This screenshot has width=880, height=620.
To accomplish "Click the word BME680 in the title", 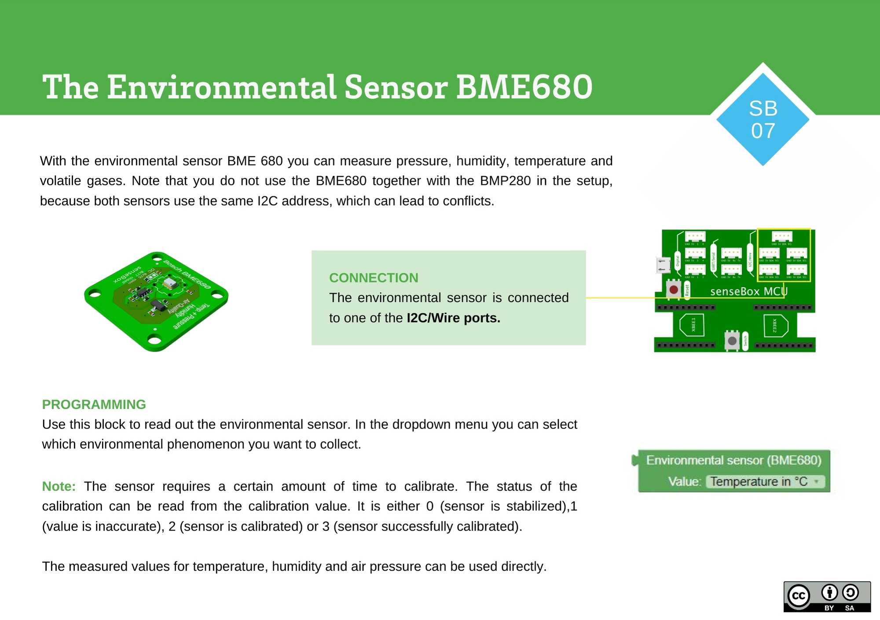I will [x=524, y=87].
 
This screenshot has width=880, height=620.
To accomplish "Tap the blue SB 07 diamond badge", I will [x=763, y=119].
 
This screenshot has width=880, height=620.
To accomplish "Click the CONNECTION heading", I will [x=374, y=278].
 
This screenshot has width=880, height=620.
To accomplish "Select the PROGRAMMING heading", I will [x=94, y=404].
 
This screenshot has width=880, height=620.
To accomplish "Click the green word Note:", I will [x=59, y=486].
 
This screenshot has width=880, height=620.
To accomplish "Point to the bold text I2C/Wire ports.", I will [x=453, y=318].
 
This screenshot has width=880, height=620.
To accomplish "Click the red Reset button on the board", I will [x=673, y=290].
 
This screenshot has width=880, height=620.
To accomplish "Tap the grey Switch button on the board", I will [x=732, y=341].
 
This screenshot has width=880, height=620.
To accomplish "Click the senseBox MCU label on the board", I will [x=748, y=291].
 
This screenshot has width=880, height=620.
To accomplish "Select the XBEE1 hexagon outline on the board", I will [x=692, y=325].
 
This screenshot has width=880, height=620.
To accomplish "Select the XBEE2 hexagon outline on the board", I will [x=776, y=326].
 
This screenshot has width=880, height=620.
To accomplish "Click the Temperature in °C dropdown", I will [x=765, y=481].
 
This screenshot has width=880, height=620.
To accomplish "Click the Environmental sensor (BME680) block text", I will [x=733, y=460].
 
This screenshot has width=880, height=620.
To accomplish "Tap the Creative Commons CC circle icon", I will [x=799, y=596].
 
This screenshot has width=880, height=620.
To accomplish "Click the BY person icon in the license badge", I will [x=829, y=593].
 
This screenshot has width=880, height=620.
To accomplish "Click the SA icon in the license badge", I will [x=850, y=593].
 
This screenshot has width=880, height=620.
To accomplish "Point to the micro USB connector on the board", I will [x=662, y=265].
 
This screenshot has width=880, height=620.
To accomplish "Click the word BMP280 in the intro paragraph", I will [x=505, y=181].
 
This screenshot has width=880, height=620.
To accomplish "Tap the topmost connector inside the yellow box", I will [x=782, y=236].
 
